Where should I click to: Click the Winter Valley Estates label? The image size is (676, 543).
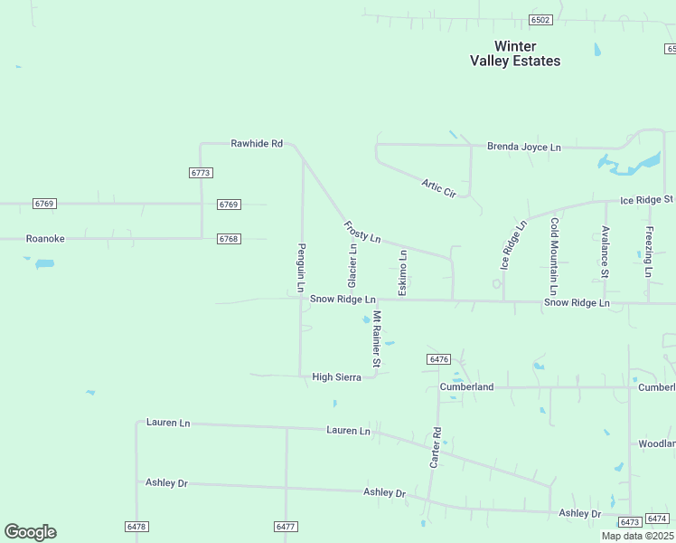515,53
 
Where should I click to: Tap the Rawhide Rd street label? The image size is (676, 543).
257,144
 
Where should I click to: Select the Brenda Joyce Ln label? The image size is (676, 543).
524,147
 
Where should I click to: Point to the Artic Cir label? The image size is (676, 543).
438,187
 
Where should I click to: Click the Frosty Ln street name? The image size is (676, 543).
362,232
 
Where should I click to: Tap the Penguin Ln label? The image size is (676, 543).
302,268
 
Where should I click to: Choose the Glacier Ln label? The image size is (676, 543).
352,261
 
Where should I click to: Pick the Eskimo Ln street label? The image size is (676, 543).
403,272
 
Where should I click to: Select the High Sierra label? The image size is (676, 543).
336,377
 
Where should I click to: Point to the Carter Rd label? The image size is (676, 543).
436,447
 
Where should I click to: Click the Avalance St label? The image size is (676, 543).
605,252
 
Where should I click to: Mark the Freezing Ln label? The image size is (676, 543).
648,252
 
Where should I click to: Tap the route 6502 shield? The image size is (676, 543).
540,20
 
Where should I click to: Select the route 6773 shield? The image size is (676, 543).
201,173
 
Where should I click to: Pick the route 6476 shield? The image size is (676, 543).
438,359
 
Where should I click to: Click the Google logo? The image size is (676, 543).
30,532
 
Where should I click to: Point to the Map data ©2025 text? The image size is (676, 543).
636,536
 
